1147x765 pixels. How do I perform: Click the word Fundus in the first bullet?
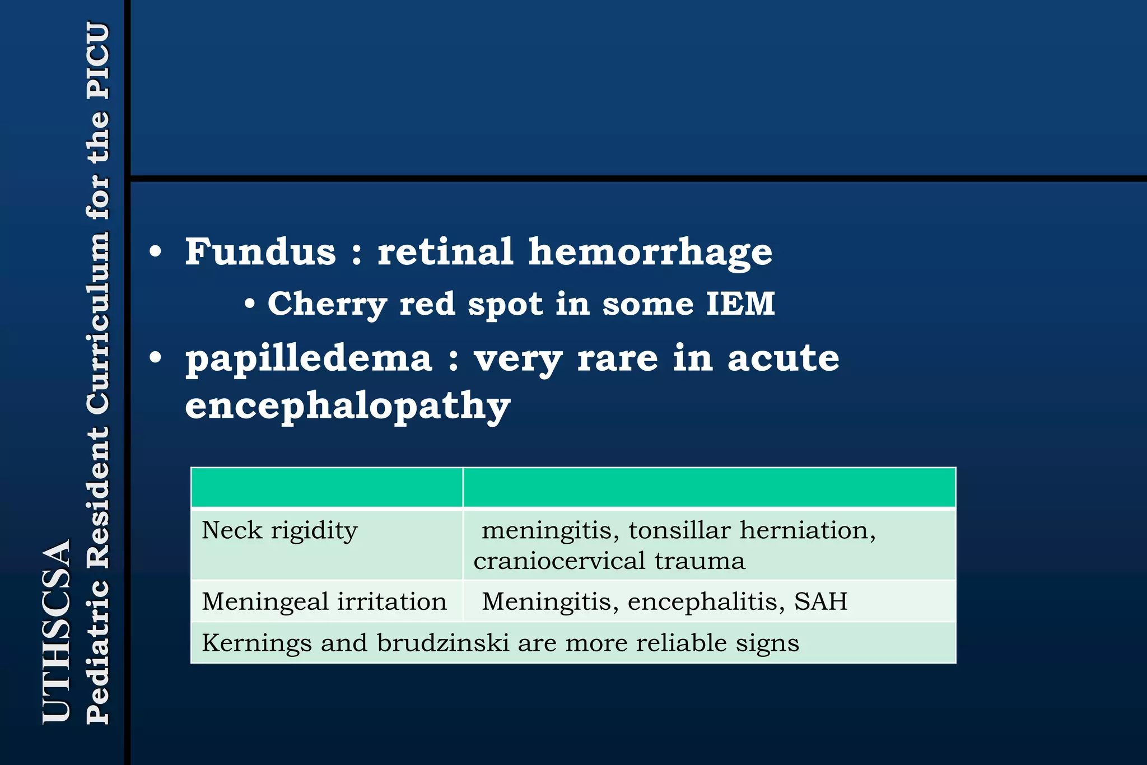click(260, 251)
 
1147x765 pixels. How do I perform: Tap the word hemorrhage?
click(650, 253)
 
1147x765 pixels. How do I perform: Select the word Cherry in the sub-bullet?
click(327, 305)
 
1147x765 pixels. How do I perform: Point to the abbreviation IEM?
click(740, 304)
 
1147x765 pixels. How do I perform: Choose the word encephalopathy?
click(347, 406)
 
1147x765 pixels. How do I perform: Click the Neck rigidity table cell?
click(279, 530)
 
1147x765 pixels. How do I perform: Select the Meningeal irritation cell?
click(324, 601)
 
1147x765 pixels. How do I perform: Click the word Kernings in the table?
click(257, 643)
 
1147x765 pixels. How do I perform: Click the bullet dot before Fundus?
click(156, 252)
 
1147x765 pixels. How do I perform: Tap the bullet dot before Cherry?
click(250, 305)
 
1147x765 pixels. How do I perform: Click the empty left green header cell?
click(327, 488)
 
